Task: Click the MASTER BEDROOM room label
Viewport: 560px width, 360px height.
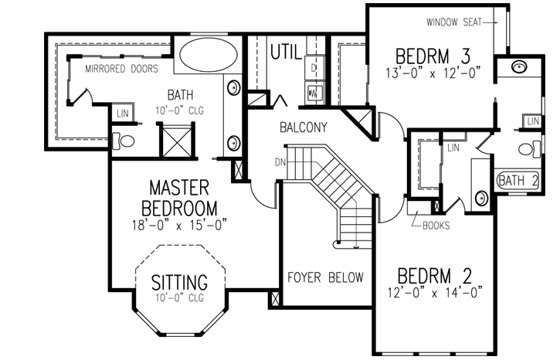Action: pos(179,198)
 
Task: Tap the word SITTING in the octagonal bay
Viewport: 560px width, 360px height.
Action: pos(179,280)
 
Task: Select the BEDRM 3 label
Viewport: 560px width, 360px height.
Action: pos(433,56)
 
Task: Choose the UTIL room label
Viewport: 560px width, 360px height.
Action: pos(285,53)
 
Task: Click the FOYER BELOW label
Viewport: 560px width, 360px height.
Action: pos(325,277)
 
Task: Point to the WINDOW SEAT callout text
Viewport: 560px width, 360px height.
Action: pos(452,22)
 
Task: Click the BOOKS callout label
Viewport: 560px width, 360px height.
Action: pos(436,226)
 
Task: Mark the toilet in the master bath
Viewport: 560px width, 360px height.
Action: pos(124,141)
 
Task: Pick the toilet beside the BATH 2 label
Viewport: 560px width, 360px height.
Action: pos(528,150)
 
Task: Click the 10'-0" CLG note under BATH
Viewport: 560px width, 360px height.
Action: pos(178,111)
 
